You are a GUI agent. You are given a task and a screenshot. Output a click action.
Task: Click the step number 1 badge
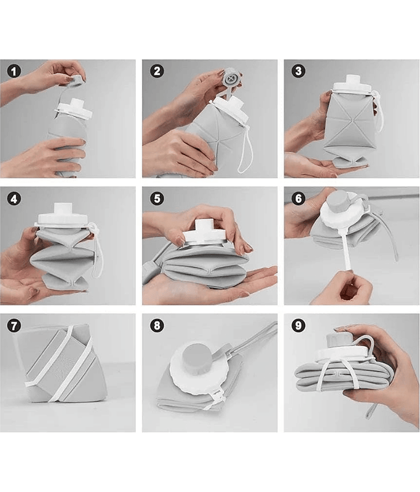[14, 71]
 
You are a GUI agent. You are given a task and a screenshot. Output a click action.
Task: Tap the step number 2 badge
[157, 71]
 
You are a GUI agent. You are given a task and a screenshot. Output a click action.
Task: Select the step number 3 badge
[298, 71]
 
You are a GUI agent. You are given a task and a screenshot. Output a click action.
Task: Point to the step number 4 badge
[14, 199]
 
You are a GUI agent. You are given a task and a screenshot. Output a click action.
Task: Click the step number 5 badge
[157, 199]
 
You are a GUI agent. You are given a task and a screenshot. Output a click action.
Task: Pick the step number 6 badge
[298, 199]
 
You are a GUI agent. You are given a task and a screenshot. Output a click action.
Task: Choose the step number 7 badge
[14, 326]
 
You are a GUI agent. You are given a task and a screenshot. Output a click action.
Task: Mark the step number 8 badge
[157, 326]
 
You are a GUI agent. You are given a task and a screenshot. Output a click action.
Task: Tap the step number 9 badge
[298, 326]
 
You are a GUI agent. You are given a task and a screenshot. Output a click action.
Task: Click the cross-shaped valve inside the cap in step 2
[232, 78]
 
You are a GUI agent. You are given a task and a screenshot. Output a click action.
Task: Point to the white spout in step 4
[63, 208]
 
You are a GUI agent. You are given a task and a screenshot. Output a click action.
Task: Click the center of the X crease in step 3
[351, 120]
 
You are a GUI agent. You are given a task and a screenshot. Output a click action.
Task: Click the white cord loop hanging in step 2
[248, 151]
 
